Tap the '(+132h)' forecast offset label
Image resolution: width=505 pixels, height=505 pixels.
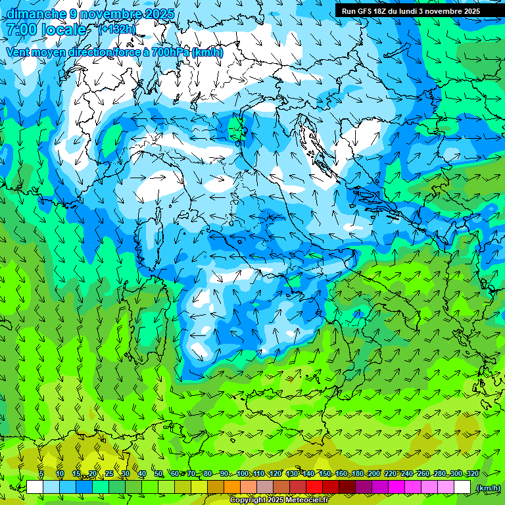(117, 29)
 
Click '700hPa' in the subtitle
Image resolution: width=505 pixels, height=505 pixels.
(169, 52)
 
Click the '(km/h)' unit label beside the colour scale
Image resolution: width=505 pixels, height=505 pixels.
(487, 488)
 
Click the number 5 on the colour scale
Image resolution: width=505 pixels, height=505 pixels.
(41, 473)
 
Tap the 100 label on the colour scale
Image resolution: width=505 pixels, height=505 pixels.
(243, 473)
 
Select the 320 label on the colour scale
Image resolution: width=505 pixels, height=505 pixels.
(473, 473)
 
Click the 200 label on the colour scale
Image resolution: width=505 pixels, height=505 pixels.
(374, 473)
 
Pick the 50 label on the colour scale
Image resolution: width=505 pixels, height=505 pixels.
(158, 473)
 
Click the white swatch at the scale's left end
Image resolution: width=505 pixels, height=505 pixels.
(35, 487)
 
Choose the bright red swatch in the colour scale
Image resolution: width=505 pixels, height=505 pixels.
(314, 487)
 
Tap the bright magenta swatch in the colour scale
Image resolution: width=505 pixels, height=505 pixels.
(397, 487)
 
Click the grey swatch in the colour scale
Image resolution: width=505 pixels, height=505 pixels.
(265, 487)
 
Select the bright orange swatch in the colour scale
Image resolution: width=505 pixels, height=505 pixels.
(232, 487)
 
